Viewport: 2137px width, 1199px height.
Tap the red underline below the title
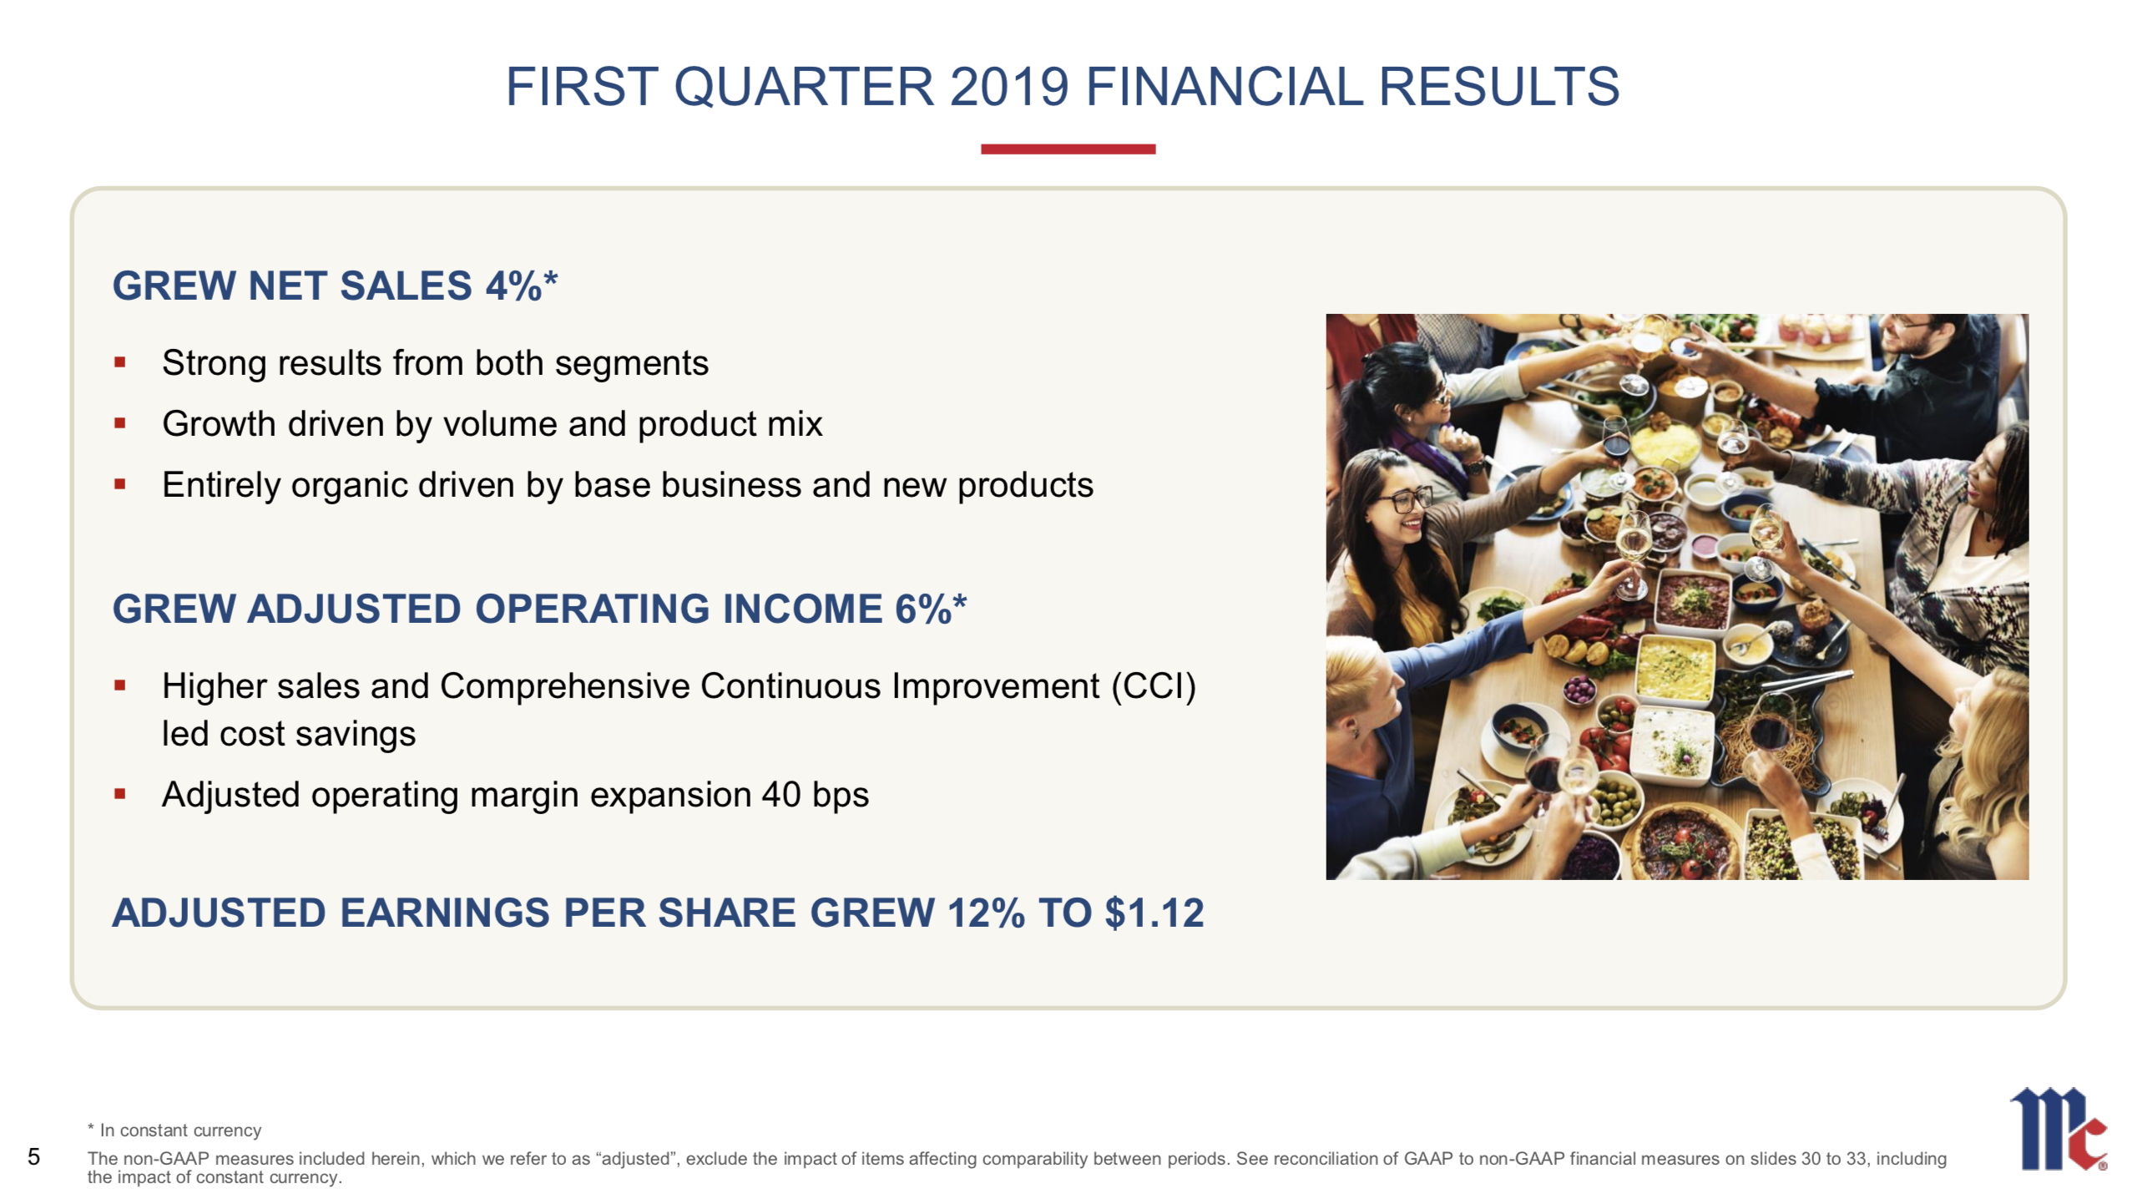[x=1068, y=149]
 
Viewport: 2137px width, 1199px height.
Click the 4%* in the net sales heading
[x=522, y=286]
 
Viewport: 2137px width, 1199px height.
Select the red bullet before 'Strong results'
[x=120, y=363]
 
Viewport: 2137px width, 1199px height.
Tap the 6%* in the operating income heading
[x=930, y=609]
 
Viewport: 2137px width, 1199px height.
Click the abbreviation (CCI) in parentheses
[x=1153, y=686]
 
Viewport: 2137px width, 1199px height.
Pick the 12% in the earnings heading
[x=985, y=913]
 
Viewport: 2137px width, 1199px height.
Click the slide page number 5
[x=33, y=1156]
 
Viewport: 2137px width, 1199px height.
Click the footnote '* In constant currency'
[x=175, y=1131]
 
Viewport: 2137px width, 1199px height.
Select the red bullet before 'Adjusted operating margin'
[x=120, y=795]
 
